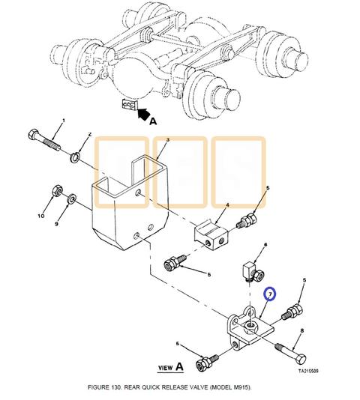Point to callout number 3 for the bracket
pos(167,140)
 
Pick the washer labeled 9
pos(71,199)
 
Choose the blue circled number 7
pos(270,297)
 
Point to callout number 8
pos(301,330)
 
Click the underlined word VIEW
pos(166,368)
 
